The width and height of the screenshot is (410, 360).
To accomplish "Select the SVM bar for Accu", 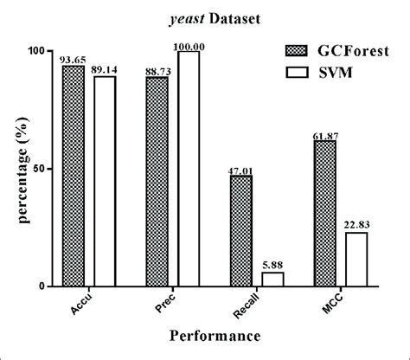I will click(x=105, y=182).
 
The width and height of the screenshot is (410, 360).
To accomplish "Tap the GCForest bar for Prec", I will click(x=157, y=183).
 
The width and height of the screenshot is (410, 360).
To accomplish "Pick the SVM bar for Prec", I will click(x=189, y=169).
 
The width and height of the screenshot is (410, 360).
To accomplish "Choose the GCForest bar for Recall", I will click(x=241, y=231).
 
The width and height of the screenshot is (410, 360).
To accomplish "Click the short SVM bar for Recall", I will click(x=273, y=280).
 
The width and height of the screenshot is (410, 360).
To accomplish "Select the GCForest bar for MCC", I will click(x=325, y=214).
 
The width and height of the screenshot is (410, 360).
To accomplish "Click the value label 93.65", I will click(x=74, y=60).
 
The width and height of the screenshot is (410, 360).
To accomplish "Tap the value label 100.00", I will click(x=189, y=45).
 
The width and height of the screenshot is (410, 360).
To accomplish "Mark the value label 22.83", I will click(x=357, y=226).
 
